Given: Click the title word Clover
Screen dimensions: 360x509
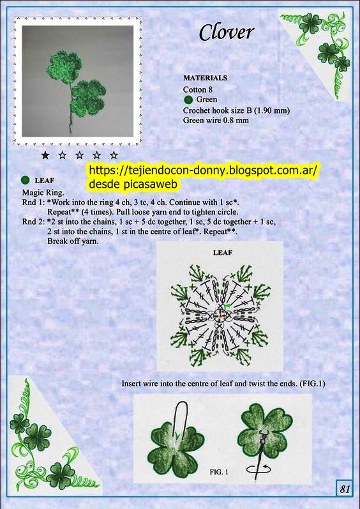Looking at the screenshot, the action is (226, 32).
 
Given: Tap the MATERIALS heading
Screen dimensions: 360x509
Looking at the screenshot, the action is (206, 78).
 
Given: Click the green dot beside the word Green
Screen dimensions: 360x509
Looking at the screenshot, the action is (188, 100).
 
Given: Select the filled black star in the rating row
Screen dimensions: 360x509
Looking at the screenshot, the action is (45, 155).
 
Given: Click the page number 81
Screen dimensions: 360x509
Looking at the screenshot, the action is (345, 489).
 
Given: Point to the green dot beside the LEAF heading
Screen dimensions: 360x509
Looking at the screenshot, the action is (25, 180).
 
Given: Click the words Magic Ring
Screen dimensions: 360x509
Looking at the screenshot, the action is (43, 193).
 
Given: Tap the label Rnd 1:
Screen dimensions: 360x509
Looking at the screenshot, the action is (33, 202).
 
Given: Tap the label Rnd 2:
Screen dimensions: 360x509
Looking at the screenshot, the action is (33, 222).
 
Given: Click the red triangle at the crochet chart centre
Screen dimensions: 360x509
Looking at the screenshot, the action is (220, 315).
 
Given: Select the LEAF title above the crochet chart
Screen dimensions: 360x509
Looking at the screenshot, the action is (223, 252).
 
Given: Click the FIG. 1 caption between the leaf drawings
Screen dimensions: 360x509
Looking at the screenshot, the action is (219, 472).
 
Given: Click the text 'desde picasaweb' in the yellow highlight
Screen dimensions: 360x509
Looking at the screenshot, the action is (133, 184).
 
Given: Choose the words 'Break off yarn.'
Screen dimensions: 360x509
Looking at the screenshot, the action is (73, 241).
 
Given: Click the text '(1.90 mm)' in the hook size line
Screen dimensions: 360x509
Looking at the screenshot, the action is (272, 110).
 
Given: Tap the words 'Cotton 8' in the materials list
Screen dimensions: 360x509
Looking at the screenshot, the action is (197, 89).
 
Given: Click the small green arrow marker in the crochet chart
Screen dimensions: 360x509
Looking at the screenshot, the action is (228, 305).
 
